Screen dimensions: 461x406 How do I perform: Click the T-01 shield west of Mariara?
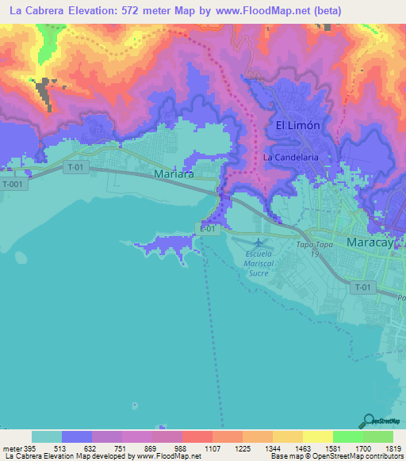pos(75,167)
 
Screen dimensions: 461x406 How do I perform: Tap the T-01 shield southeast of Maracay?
pos(364,287)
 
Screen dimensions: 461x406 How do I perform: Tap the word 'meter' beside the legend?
pos(10,447)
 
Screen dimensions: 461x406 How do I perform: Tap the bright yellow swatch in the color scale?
pos(317,436)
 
